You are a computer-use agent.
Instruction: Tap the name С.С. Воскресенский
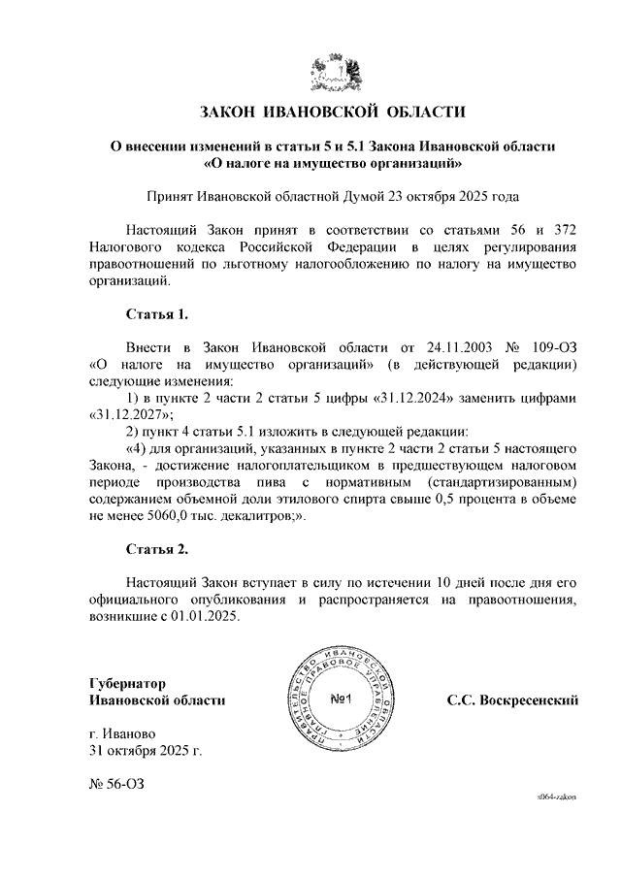coord(512,699)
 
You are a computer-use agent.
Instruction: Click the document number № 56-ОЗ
coord(117,783)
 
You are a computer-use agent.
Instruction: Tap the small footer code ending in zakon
coord(557,795)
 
